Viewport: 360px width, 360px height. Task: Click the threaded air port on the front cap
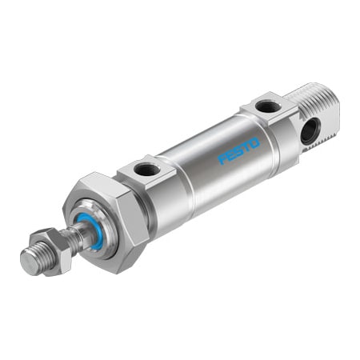click(147, 169)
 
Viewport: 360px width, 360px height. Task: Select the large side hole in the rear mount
click(309, 130)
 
